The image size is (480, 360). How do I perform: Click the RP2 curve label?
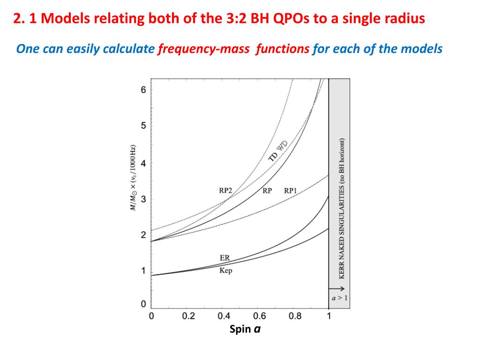pyautogui.click(x=225, y=191)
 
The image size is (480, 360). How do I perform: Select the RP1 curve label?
pyautogui.click(x=291, y=191)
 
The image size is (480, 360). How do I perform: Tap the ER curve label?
pyautogui.click(x=225, y=258)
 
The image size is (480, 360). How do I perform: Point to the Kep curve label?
pyautogui.click(x=225, y=271)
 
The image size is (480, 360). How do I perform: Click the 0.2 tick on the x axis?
pyautogui.click(x=188, y=316)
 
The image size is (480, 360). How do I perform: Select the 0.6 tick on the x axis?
pyautogui.click(x=259, y=316)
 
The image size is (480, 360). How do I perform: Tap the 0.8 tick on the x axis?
pyautogui.click(x=295, y=316)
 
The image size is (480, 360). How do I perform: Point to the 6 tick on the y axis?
pyautogui.click(x=143, y=90)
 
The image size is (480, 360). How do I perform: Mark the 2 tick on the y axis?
pyautogui.click(x=143, y=235)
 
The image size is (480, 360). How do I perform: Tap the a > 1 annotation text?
pyautogui.click(x=340, y=298)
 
